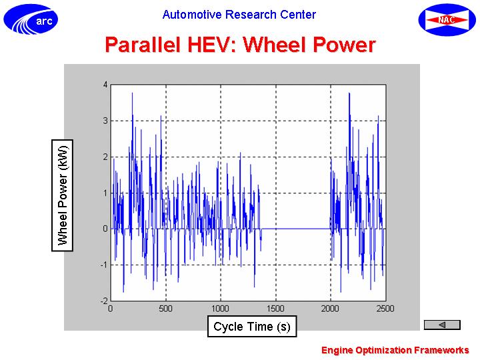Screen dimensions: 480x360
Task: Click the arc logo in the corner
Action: [x=31, y=19]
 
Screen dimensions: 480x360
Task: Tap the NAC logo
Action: [x=447, y=20]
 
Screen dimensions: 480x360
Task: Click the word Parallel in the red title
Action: [x=143, y=45]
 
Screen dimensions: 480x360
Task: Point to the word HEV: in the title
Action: [x=212, y=45]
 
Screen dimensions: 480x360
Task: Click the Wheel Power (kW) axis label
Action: [x=63, y=195]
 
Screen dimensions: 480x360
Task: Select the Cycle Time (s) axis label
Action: [x=252, y=326]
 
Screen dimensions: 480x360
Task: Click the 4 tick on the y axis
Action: [x=105, y=85]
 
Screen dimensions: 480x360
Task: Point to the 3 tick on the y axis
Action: [x=105, y=121]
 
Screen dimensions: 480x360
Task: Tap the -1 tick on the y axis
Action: [x=104, y=265]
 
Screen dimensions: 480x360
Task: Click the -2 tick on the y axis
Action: [x=104, y=301]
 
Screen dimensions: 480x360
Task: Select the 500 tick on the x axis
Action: [x=165, y=309]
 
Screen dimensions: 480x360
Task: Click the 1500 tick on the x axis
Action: [x=275, y=309]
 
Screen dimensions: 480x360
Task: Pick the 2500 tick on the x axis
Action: [x=385, y=309]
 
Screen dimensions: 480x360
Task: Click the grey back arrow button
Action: [x=442, y=325]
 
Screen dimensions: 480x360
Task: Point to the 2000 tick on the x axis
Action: [x=330, y=309]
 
